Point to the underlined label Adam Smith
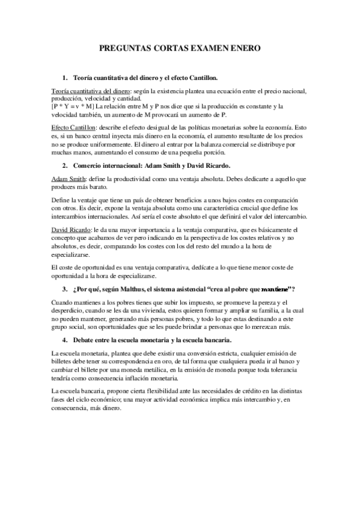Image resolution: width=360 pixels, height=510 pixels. (x=67, y=180)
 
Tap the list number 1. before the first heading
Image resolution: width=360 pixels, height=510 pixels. (x=65, y=79)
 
